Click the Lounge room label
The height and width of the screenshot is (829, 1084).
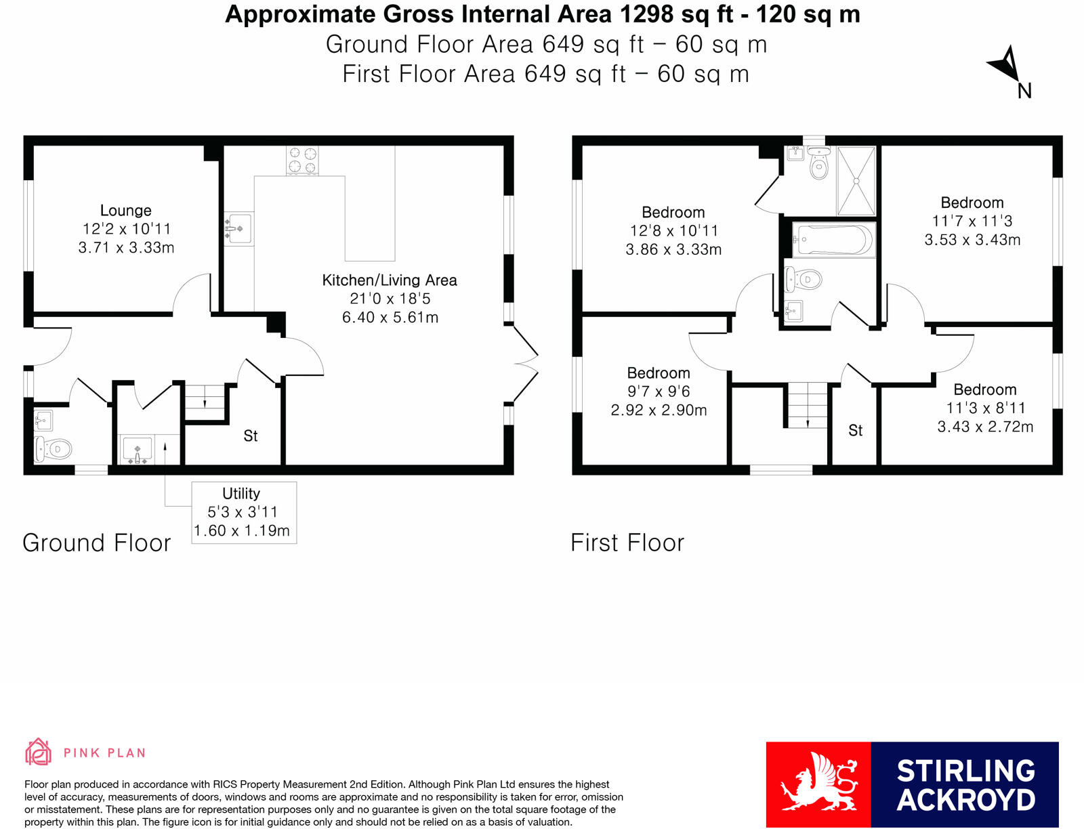(126, 229)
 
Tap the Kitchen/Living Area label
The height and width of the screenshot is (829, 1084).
(390, 298)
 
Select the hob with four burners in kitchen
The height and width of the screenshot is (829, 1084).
(302, 161)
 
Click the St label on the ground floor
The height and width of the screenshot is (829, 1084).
(251, 436)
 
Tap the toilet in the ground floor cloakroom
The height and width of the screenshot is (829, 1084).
(54, 448)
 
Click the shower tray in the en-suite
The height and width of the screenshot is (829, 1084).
(856, 181)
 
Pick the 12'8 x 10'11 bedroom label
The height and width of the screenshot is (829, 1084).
(673, 231)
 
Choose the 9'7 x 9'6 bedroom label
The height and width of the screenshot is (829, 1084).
(659, 391)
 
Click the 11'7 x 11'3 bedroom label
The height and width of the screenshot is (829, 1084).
(972, 221)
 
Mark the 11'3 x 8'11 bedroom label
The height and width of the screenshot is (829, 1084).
(985, 408)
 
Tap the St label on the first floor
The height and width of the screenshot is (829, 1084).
(856, 431)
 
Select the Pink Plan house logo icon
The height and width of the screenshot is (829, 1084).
(38, 752)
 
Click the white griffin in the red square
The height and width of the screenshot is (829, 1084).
(818, 784)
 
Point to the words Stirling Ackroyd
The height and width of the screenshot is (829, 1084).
(965, 785)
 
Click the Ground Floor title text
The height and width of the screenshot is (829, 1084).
(97, 543)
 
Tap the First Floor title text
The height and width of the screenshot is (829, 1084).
(627, 543)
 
